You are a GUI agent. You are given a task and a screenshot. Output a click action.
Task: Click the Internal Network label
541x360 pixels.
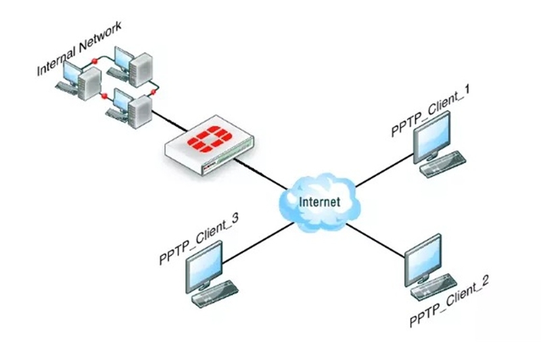point(79,48)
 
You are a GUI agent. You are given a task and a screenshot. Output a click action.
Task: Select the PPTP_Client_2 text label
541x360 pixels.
point(449,301)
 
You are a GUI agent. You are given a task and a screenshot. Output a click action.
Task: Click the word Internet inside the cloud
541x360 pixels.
point(319,202)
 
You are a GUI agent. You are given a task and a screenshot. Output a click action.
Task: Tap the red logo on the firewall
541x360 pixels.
point(209,139)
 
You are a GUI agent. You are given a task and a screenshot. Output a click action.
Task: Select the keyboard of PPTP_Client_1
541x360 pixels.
point(443,164)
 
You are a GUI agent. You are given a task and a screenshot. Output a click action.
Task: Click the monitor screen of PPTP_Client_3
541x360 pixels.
point(204,267)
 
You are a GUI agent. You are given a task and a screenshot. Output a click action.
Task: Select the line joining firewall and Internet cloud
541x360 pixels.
point(261,174)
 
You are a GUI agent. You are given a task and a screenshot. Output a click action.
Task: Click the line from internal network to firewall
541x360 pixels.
point(170,120)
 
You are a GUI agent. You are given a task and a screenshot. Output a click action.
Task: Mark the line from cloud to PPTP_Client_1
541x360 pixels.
point(384,170)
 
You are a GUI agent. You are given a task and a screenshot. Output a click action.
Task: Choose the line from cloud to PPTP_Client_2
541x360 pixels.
point(375,241)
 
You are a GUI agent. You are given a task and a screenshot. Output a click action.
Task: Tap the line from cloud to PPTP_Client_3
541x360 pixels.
point(258,244)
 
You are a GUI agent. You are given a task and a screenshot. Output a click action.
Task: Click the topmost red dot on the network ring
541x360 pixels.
point(94,62)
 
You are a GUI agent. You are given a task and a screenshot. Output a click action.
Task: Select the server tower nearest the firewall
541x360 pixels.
point(140,112)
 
